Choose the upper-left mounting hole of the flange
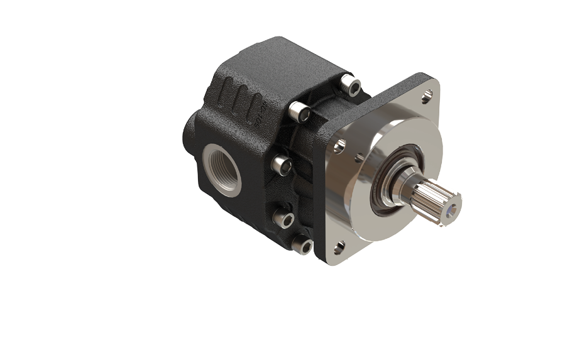[x=339, y=146]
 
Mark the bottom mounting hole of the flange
[x=339, y=246]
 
